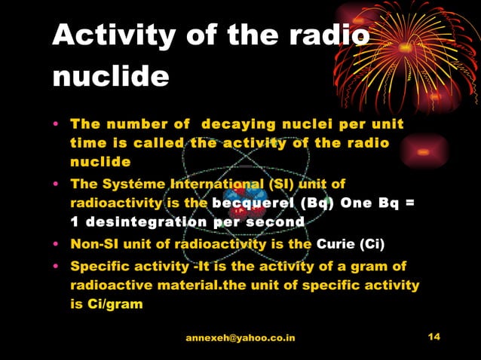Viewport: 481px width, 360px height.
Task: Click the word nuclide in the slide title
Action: coord(111,75)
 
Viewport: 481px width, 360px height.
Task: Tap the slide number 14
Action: coord(434,337)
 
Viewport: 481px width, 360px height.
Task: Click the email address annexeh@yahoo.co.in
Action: coord(240,338)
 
